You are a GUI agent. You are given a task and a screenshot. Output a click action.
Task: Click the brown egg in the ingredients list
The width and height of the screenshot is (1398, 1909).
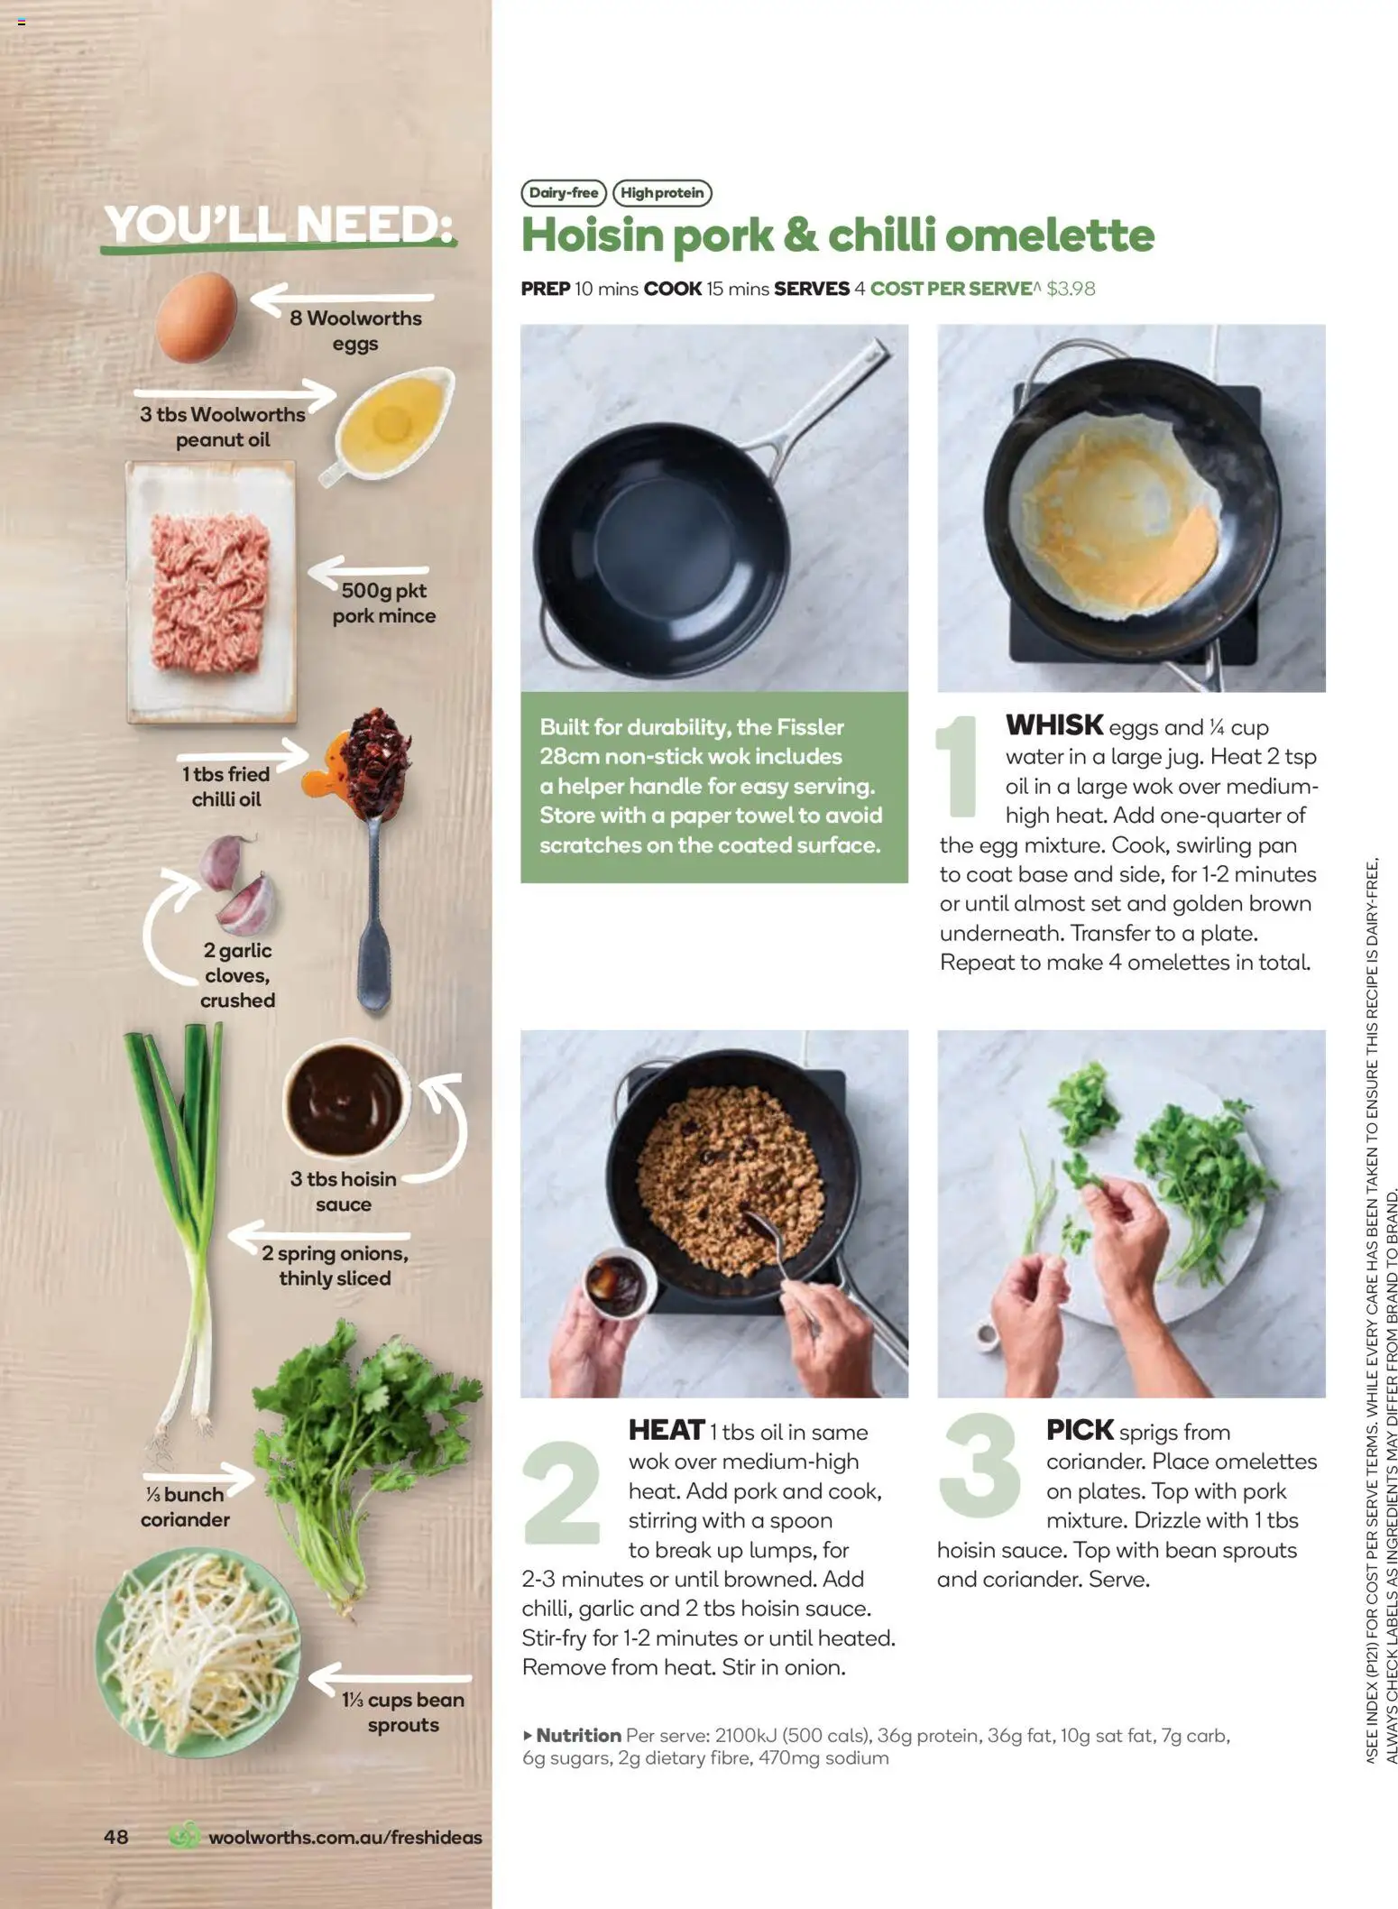196,318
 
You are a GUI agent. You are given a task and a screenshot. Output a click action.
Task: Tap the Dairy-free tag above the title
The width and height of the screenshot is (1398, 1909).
563,193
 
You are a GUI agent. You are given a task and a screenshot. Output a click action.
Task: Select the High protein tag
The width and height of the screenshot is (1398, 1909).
661,193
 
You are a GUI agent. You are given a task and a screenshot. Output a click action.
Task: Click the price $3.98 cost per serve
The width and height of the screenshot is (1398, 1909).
1071,289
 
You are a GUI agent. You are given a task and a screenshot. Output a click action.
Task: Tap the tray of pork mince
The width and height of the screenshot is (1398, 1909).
211,592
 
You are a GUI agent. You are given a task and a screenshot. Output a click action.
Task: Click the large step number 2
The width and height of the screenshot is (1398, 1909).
561,1492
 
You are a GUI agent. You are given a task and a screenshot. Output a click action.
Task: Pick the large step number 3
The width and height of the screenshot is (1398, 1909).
980,1466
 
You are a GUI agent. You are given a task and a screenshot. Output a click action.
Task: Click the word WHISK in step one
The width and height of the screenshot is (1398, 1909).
1053,725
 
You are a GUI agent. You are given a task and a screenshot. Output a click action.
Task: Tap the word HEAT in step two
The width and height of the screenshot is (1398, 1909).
666,1430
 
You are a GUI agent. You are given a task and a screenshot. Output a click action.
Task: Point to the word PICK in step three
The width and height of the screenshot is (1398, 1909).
1079,1430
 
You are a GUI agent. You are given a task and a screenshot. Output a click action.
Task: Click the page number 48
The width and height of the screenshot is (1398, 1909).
115,1837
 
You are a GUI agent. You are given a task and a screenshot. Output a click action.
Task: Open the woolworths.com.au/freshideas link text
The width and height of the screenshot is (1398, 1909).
345,1837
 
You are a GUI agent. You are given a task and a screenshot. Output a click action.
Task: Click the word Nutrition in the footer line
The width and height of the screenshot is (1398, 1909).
578,1735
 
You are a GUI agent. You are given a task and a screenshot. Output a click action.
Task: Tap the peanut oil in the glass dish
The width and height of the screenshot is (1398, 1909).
391,420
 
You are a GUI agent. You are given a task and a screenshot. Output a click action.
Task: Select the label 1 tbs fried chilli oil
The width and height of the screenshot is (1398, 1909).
225,787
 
